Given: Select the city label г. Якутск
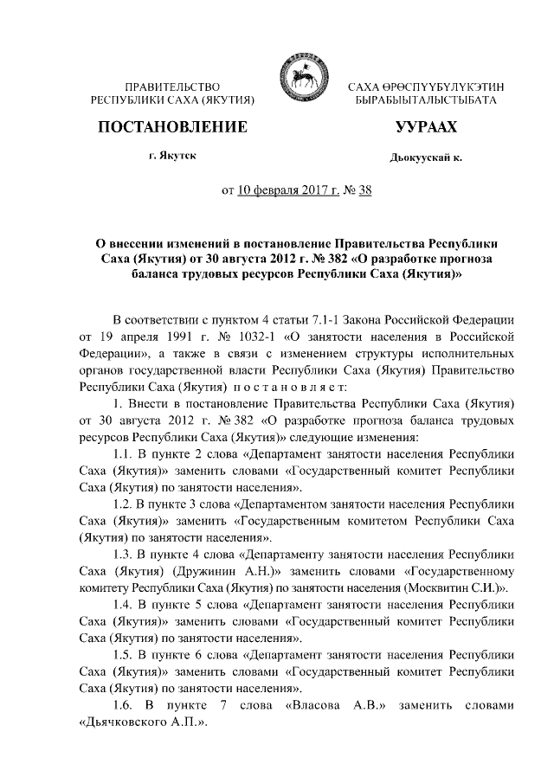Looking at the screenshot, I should (172, 157).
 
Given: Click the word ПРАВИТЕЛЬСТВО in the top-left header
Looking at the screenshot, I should (172, 87).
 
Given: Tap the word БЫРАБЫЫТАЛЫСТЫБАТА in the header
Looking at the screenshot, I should (425, 102).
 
